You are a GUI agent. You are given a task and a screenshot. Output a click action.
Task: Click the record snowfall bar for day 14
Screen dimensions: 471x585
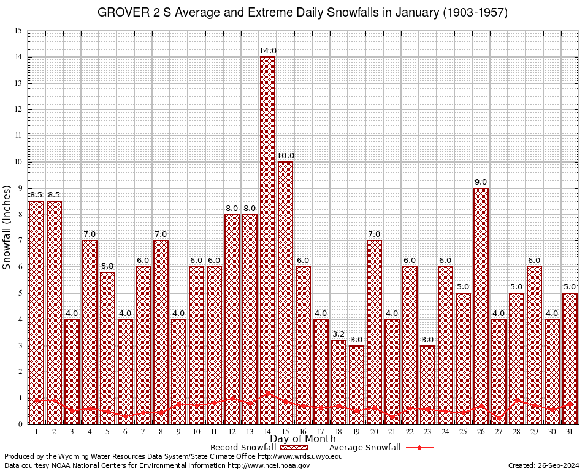pos(267,239)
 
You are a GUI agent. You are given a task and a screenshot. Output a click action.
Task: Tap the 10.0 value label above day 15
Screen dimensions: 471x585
pos(285,156)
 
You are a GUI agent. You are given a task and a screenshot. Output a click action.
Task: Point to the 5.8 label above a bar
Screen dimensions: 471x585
pos(107,266)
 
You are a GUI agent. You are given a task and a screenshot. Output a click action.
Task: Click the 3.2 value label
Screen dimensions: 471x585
pos(338,334)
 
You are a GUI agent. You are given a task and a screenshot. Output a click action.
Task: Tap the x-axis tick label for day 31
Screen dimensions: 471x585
pos(570,431)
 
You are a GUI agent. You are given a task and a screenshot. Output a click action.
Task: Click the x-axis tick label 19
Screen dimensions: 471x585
pos(356,431)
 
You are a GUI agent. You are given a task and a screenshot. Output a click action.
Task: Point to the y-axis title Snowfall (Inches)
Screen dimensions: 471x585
pos(7,227)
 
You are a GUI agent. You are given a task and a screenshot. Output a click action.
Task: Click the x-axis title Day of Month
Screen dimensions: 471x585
pos(302,439)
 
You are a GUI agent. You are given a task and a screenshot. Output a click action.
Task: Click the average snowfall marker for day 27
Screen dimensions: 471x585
pos(499,418)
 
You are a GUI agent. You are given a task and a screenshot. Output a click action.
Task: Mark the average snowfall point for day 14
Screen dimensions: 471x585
pos(267,393)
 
